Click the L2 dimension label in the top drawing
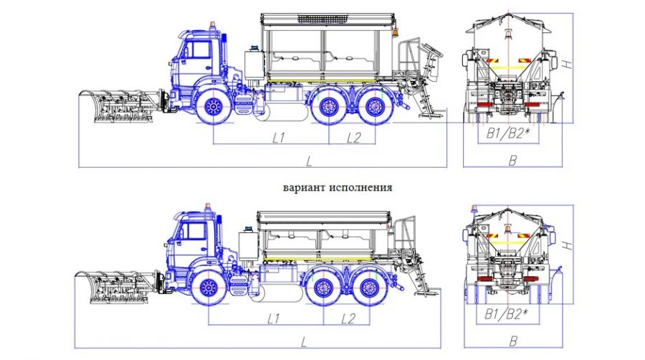pos(353,138)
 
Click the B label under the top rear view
pos(512,161)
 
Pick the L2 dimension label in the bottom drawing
pos(349,317)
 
